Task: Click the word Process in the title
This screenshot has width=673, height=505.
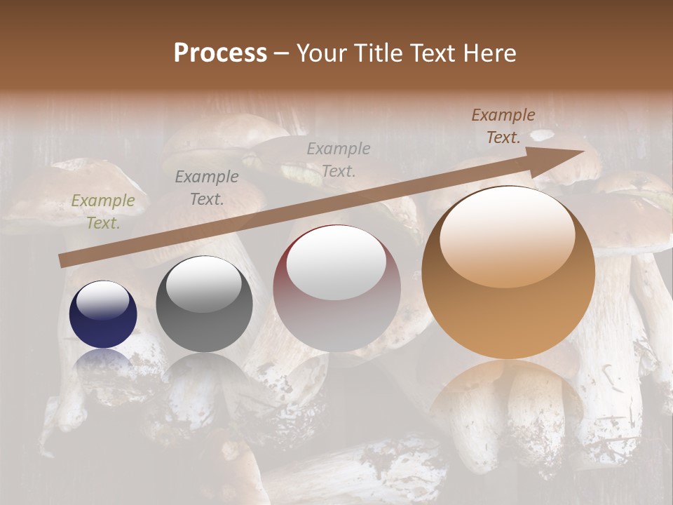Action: point(220,53)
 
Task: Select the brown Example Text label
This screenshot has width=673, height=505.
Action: point(503,126)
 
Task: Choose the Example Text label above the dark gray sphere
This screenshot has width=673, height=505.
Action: point(207,188)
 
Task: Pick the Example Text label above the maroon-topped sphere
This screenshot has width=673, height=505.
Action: point(339,159)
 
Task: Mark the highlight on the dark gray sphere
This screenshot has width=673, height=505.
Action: point(204,283)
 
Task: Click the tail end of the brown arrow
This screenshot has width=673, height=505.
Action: point(63,262)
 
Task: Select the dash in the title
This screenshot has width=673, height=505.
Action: point(281,53)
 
